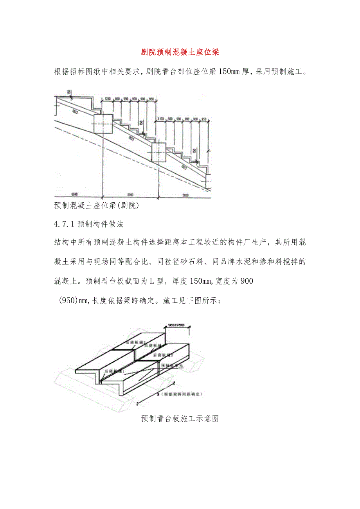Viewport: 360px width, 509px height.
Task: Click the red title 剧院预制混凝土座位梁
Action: pyautogui.click(x=180, y=52)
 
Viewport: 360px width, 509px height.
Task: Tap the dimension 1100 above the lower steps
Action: pyautogui.click(x=160, y=118)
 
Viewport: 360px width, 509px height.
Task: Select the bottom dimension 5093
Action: pyautogui.click(x=130, y=194)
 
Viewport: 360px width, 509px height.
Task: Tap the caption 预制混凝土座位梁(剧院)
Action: pyautogui.click(x=97, y=205)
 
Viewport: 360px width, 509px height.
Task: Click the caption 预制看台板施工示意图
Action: pyautogui.click(x=180, y=419)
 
